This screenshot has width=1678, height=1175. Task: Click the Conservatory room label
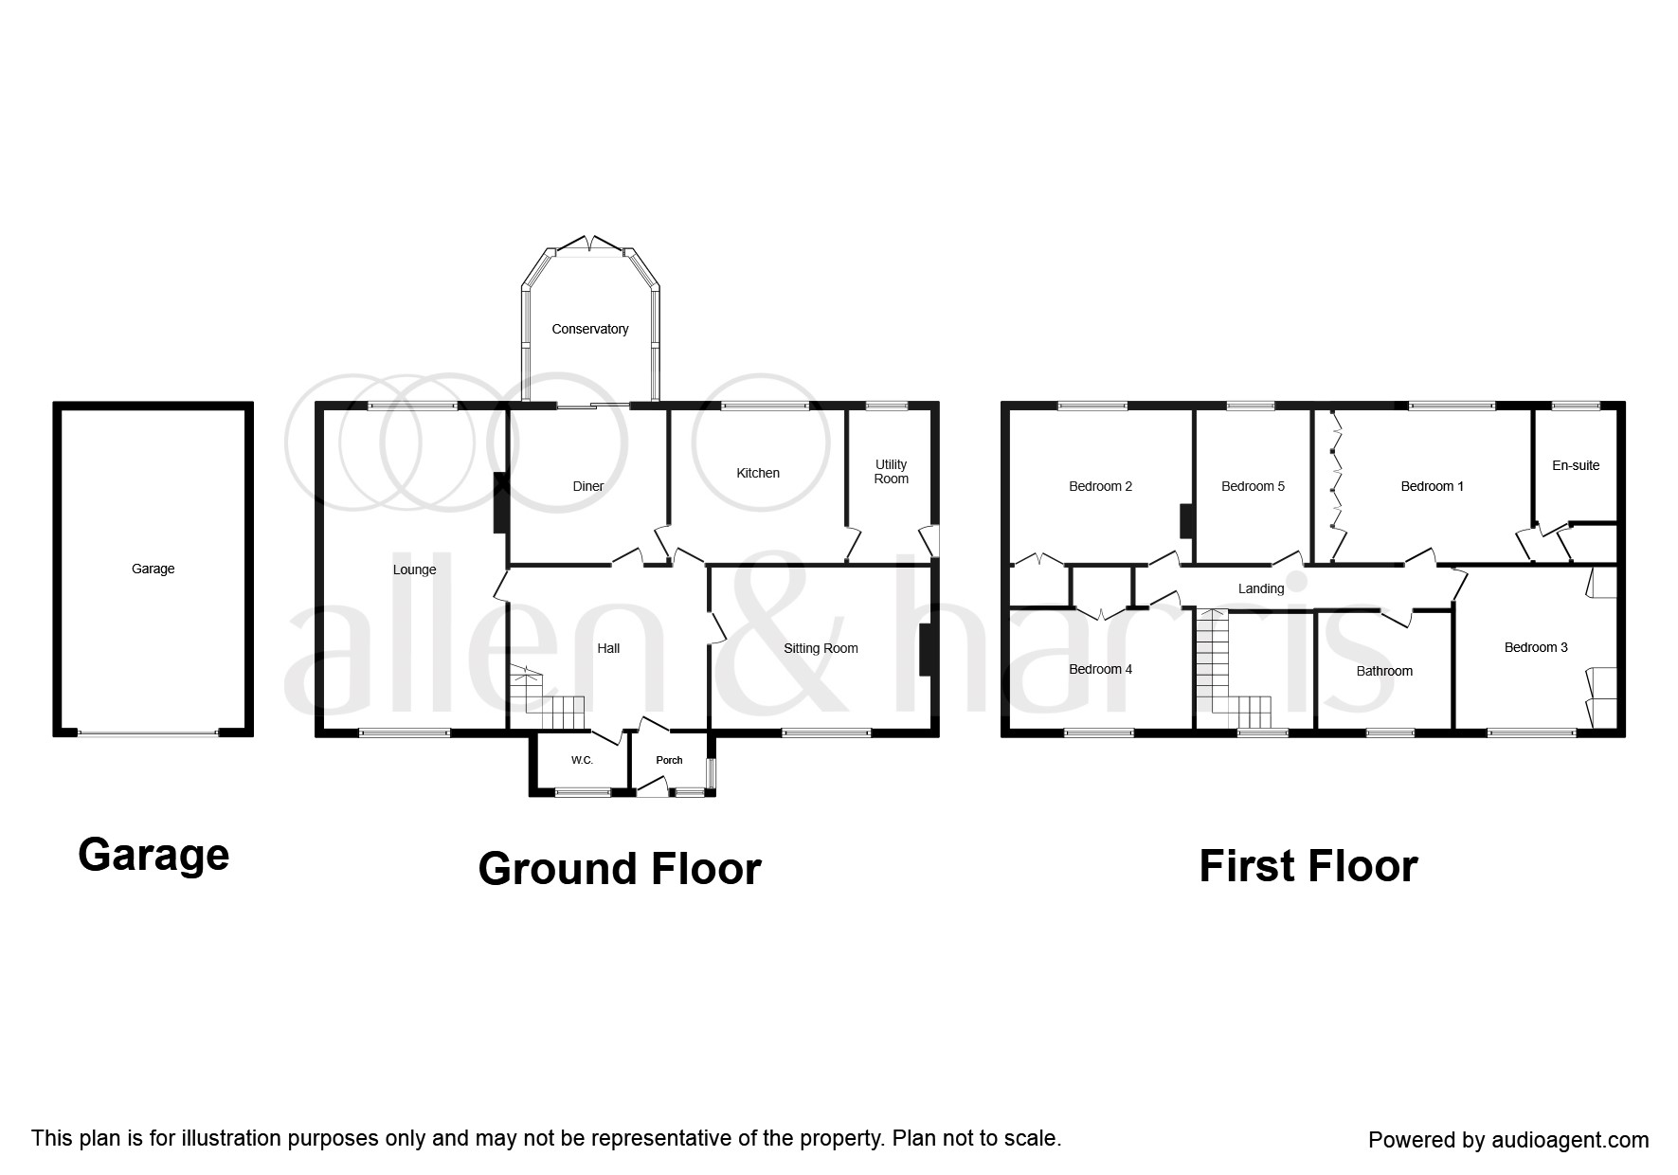pos(590,329)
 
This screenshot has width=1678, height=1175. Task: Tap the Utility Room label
pos(892,472)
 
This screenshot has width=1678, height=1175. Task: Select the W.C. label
pos(582,760)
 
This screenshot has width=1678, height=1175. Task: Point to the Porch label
pos(669,760)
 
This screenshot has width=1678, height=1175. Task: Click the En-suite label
pos(1576,465)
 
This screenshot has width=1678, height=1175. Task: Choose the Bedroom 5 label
pos(1253,486)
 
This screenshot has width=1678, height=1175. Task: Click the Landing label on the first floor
pos(1261,588)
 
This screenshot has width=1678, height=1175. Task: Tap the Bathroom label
pos(1384,671)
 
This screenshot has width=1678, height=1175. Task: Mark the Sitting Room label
pos(821,648)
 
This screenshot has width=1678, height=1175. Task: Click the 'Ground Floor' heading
pos(620,868)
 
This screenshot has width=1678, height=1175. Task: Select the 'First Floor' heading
pos(1308,866)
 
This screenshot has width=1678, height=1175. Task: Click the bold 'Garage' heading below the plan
pos(153,855)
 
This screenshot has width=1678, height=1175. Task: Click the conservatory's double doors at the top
pos(589,246)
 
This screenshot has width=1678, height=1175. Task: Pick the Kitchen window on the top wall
pos(766,407)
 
